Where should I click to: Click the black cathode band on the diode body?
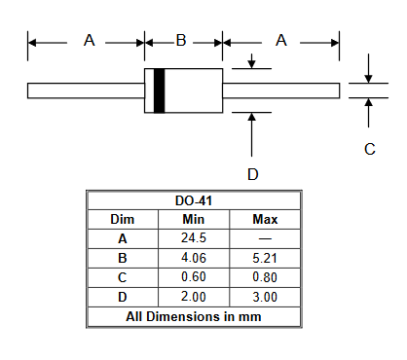tap(159, 90)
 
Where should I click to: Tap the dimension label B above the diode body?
tap(181, 41)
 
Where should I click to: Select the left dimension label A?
tap(90, 41)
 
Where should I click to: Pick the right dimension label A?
tap(281, 41)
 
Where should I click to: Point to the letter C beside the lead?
tap(370, 149)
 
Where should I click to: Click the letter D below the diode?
tap(253, 174)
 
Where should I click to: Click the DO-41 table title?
tap(194, 200)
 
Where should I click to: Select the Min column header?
tap(194, 220)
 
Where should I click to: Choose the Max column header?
tap(265, 220)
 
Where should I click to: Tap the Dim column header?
tap(123, 220)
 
